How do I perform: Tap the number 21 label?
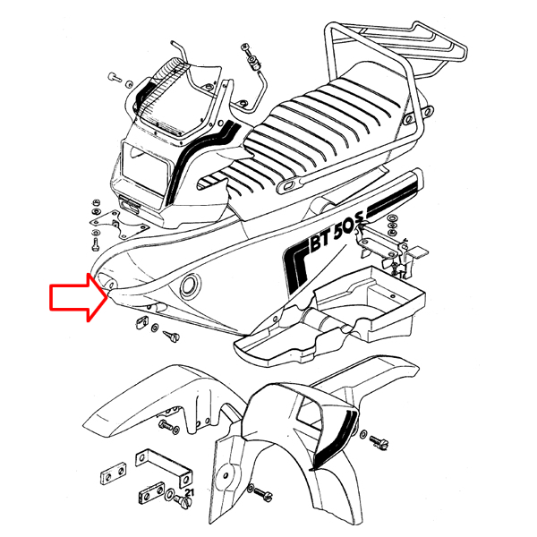coord(189,492)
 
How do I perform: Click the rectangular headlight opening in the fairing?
coord(146,167)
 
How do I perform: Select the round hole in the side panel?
coord(191,285)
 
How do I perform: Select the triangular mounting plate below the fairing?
coord(119,225)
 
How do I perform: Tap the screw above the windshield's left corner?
coord(115,77)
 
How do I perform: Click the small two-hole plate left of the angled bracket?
coord(114,473)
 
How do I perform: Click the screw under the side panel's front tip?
coord(171,336)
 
